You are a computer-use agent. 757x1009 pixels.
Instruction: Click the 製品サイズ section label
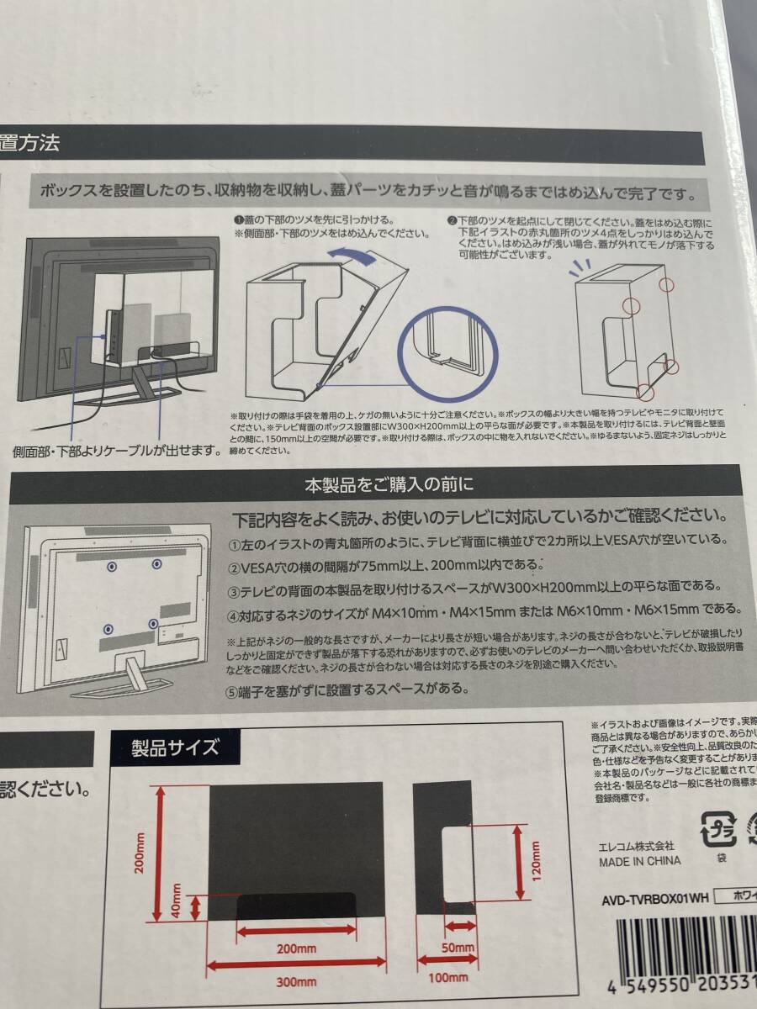tap(176, 747)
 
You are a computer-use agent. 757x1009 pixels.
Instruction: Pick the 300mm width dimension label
tap(295, 982)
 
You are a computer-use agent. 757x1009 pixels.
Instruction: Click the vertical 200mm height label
tap(140, 852)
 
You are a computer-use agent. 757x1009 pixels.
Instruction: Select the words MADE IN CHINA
tap(640, 861)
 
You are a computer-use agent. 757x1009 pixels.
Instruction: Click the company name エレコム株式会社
tap(637, 845)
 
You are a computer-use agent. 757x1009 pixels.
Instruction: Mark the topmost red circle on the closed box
tap(666, 285)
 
